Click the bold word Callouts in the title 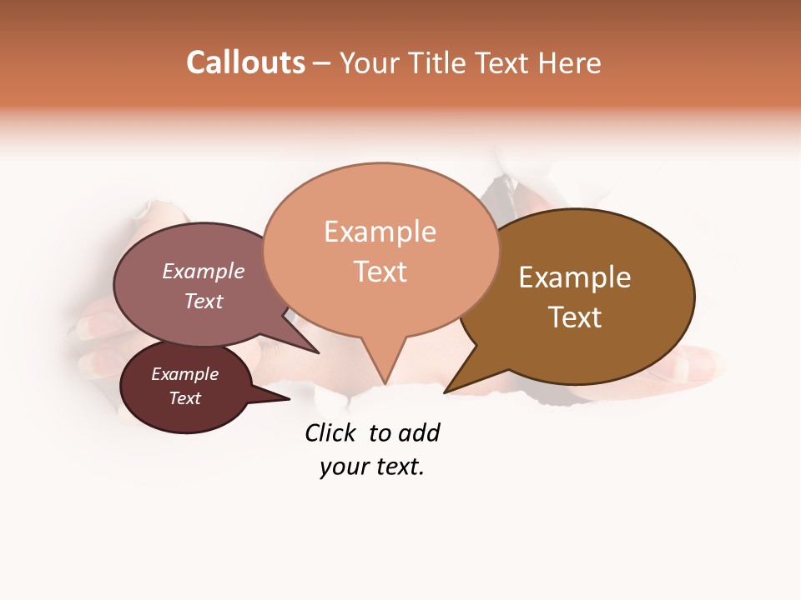[x=245, y=62]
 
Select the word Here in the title [x=570, y=62]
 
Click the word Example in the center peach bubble [x=380, y=232]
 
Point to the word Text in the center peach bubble [x=380, y=271]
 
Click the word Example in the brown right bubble [x=575, y=277]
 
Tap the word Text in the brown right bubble [x=575, y=317]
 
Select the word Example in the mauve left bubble [x=204, y=272]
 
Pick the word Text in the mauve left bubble [x=204, y=301]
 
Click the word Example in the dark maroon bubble [x=185, y=374]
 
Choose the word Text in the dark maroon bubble [x=185, y=398]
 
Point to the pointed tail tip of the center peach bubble [x=385, y=384]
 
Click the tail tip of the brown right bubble [x=445, y=392]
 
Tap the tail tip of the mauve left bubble [x=319, y=352]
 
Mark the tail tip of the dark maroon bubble [x=290, y=398]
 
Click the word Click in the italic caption [x=330, y=433]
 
